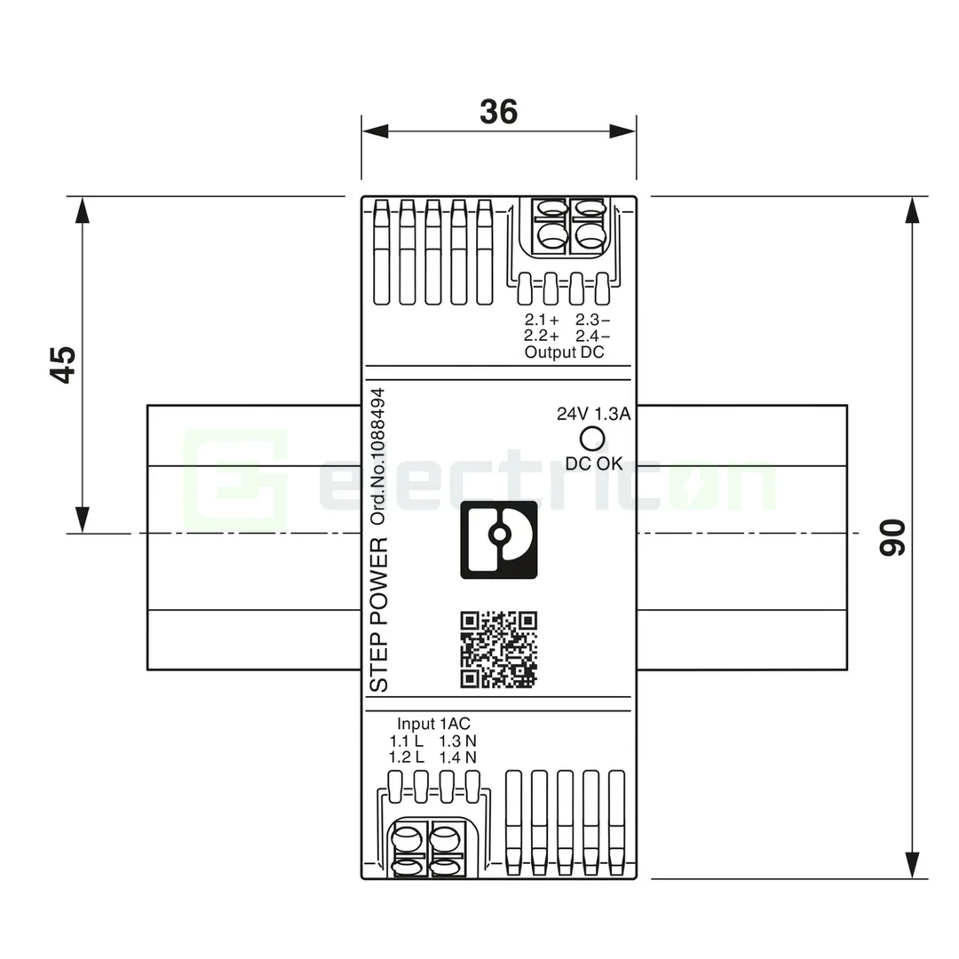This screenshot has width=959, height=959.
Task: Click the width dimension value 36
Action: coord(498,112)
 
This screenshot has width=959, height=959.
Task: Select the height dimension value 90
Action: coord(892,537)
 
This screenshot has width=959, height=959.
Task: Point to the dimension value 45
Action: coord(62,364)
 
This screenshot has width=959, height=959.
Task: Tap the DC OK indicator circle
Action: coord(592,438)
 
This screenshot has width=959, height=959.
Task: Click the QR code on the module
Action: coord(498,650)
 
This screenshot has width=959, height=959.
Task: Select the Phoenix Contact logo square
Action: coord(498,540)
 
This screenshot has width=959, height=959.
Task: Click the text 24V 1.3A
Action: coord(593,414)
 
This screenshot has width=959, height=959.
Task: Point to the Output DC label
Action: coord(564,353)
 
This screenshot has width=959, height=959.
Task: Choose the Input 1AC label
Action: coord(427,724)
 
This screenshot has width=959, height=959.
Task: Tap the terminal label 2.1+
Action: coord(542,320)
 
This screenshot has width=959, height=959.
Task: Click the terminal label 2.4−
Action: coord(592,336)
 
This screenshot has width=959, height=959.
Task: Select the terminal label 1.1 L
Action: coord(407,741)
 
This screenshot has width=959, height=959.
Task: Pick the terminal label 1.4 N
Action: coord(458,757)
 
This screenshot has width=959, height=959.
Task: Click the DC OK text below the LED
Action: coord(594,463)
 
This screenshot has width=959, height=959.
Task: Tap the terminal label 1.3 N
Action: coord(458,741)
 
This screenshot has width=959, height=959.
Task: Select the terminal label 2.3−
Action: coord(592,320)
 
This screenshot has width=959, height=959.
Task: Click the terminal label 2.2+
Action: coord(542,336)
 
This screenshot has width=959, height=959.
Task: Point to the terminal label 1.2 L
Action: coord(407,757)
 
